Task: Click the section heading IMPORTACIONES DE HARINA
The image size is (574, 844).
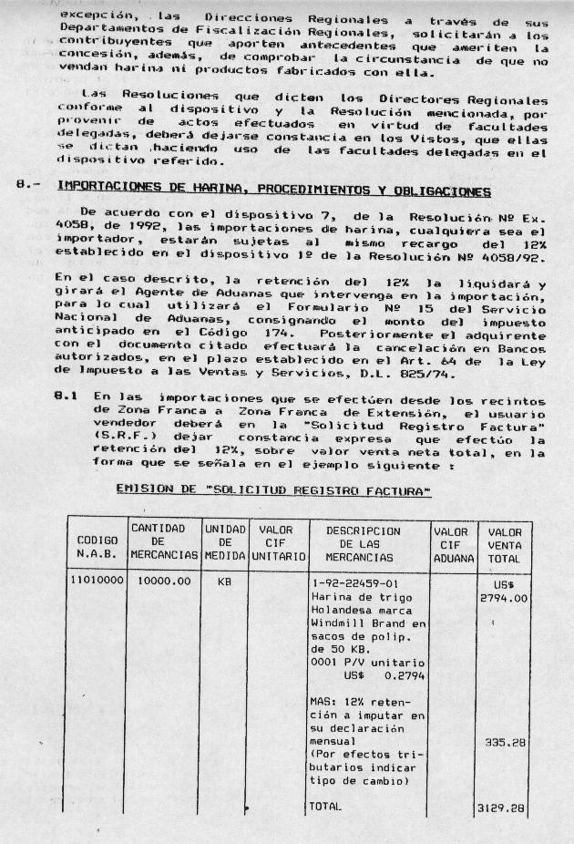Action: click(273, 190)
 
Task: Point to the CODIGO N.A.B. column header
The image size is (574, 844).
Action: click(96, 544)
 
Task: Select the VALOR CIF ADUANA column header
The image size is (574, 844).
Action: click(451, 544)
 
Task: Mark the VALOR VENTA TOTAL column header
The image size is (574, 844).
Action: click(504, 544)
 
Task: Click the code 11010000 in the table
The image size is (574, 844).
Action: click(97, 580)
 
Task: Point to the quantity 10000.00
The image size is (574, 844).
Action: click(164, 580)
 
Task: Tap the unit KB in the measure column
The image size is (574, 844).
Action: click(224, 580)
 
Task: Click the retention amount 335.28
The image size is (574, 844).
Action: click(505, 743)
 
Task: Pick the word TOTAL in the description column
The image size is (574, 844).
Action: click(325, 807)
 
